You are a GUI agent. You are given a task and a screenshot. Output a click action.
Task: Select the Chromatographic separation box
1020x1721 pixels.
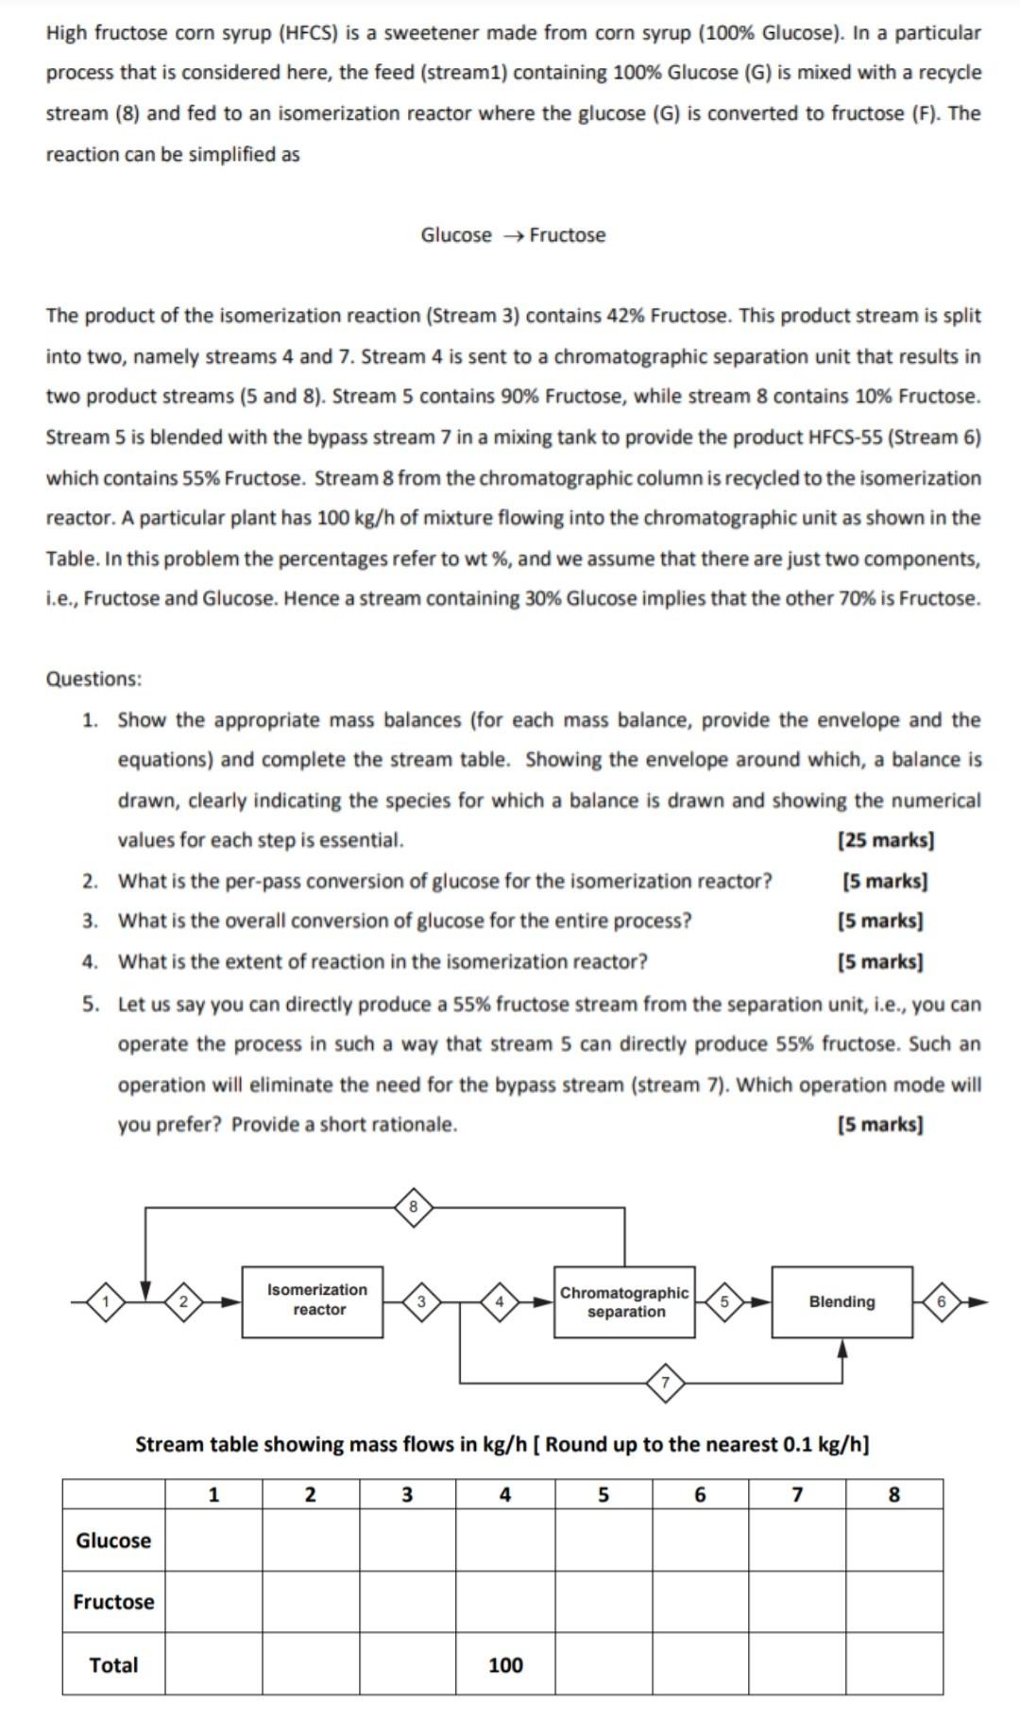[x=624, y=1301]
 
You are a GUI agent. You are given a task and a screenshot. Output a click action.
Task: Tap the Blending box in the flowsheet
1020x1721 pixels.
[x=841, y=1301]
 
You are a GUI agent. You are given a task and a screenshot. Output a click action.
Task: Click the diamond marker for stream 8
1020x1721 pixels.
[x=413, y=1207]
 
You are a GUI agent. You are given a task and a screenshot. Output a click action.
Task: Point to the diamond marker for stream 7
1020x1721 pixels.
[x=665, y=1383]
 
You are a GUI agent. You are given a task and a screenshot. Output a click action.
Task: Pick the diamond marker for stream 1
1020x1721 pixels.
[x=107, y=1302]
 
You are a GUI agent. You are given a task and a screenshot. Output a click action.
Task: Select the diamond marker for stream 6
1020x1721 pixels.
[x=941, y=1301]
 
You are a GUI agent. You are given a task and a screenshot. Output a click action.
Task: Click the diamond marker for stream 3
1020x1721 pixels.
[x=421, y=1302]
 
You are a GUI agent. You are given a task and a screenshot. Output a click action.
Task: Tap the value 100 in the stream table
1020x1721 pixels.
[x=505, y=1665]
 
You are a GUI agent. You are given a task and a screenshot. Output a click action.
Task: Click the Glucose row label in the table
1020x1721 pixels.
[x=113, y=1540]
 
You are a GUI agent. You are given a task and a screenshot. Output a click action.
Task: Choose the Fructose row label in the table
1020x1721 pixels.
[x=113, y=1602]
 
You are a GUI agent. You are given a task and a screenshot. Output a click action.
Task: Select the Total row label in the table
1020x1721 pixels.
[x=113, y=1665]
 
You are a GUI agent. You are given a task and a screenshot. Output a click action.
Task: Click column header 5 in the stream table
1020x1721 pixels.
[x=603, y=1494]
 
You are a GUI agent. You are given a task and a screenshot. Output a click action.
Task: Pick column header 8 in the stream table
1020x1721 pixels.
[x=894, y=1494]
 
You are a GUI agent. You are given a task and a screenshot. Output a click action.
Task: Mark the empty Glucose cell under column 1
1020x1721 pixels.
[x=213, y=1540]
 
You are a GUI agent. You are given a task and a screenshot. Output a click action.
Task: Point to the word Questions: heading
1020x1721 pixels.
[x=93, y=679]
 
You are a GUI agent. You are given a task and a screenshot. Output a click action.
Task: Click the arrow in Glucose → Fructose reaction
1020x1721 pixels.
[x=511, y=235]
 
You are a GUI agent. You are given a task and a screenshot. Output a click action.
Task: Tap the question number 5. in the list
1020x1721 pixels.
[x=90, y=1004]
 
